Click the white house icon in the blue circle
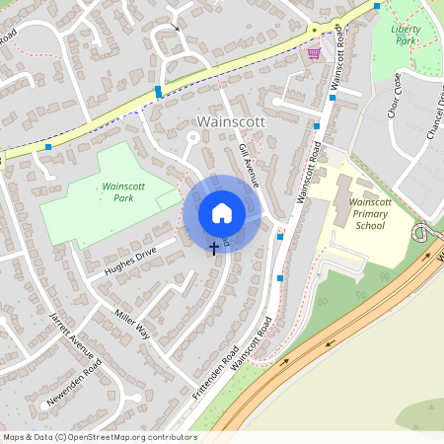[x=222, y=213]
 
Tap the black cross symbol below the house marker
[x=214, y=248]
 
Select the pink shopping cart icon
[x=314, y=53]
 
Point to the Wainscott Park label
[x=123, y=191]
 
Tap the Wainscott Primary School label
[x=371, y=213]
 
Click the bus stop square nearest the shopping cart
[x=333, y=98]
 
